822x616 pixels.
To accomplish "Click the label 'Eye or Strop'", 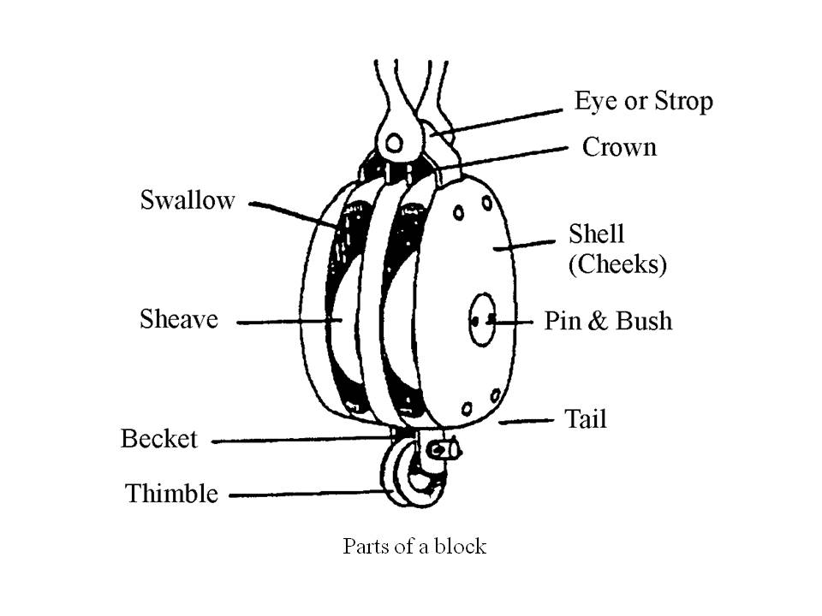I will (643, 102).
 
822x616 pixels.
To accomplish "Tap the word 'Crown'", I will (619, 147).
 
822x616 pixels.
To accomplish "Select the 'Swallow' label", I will (188, 201).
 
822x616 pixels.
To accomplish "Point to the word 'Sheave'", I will (179, 320).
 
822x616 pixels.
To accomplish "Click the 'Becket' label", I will (159, 440).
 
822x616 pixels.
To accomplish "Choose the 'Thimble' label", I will (171, 494).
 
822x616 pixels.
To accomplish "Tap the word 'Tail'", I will (585, 419).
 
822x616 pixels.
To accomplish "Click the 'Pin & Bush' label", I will (608, 322).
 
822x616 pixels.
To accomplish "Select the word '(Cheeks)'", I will (617, 265).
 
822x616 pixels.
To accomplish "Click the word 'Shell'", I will (597, 234).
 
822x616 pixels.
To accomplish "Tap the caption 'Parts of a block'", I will (414, 546).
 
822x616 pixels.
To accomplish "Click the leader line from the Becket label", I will (300, 441).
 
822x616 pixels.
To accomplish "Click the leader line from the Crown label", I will (514, 155).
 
